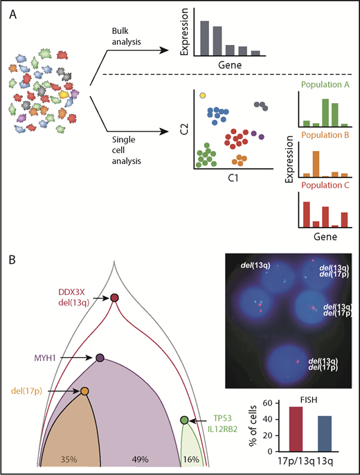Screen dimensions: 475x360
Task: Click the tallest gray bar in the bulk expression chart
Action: click(x=205, y=37)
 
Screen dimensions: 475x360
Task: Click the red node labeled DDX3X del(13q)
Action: click(x=115, y=298)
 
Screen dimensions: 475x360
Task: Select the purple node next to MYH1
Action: click(x=100, y=358)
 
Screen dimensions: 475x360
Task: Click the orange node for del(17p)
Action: click(x=84, y=391)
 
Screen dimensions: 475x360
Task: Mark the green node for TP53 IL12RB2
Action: click(x=184, y=420)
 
